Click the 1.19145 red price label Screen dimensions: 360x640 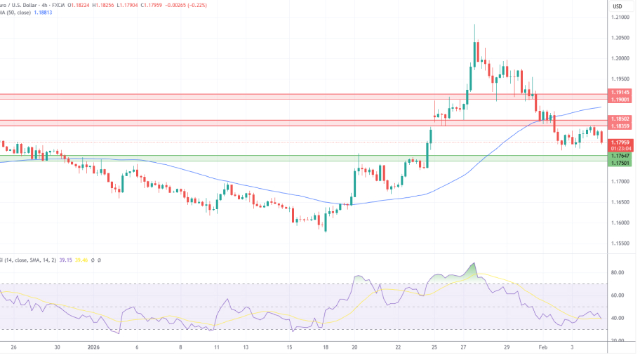point(620,92)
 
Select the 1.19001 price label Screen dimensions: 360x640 point(620,100)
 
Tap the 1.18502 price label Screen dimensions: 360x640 point(620,119)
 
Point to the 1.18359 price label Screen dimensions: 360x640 point(620,126)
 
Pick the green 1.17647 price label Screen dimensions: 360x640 point(620,156)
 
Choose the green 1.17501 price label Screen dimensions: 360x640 point(620,163)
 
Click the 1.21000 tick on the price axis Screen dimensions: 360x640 point(620,17)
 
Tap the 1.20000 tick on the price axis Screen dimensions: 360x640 point(620,58)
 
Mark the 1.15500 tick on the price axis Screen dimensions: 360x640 point(620,244)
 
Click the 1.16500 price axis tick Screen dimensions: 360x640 point(620,202)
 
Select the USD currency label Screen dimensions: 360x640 point(618,6)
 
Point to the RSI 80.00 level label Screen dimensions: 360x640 point(618,272)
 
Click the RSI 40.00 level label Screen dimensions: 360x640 point(618,318)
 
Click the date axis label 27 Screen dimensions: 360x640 point(465,347)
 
